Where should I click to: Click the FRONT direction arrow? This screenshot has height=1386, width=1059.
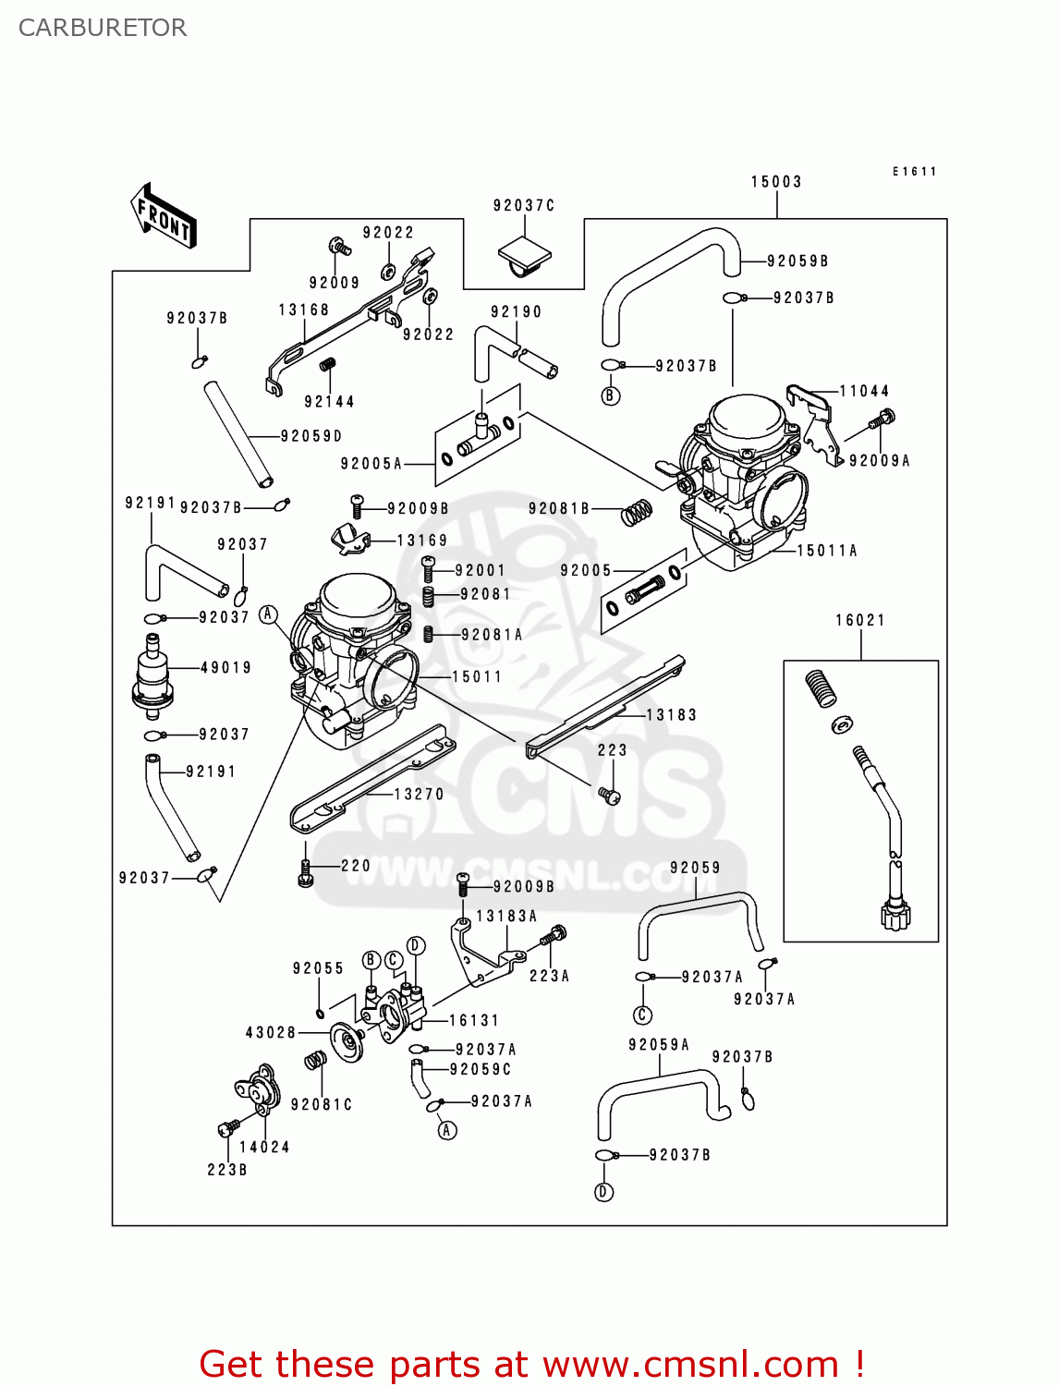tap(164, 216)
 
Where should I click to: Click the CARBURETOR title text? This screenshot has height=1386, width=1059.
tap(103, 28)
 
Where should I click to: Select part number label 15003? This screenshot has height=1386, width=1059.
tap(775, 182)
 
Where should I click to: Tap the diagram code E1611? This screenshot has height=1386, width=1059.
tap(914, 172)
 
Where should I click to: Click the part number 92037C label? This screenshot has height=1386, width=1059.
tap(523, 205)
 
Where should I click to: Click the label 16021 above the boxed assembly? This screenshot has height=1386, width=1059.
tap(859, 620)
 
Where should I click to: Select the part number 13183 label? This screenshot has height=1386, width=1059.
tap(671, 714)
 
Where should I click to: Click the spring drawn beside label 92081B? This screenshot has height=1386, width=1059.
tap(636, 511)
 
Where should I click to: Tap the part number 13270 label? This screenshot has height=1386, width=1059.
tap(419, 794)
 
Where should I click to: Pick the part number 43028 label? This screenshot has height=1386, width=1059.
tap(270, 1032)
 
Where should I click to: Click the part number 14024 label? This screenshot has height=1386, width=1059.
tap(264, 1147)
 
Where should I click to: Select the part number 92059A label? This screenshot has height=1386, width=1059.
tap(658, 1044)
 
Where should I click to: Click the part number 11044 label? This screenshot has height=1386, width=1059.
tap(863, 391)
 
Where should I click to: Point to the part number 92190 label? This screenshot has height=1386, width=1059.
tap(516, 311)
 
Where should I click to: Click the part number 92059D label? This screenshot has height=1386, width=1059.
tap(310, 435)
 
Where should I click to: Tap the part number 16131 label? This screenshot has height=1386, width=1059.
tap(473, 1020)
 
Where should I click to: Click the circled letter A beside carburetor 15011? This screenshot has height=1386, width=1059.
tap(269, 614)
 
